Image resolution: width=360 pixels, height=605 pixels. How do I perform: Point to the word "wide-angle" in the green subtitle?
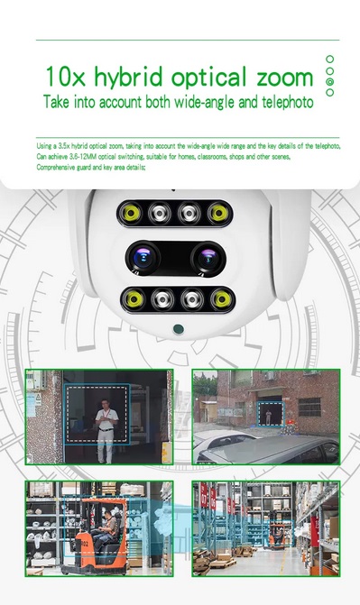[x=184, y=103]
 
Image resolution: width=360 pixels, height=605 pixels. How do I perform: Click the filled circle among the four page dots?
[x=329, y=81]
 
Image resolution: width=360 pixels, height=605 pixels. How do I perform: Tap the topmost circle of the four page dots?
[x=329, y=59]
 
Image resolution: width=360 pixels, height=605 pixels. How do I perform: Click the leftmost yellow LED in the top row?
[x=131, y=214]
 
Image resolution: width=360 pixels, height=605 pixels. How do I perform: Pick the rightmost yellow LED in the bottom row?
[x=218, y=298]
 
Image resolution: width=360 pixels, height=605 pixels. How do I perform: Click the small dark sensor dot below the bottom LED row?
[x=177, y=328]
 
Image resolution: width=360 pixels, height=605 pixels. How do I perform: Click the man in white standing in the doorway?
[x=107, y=431]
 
